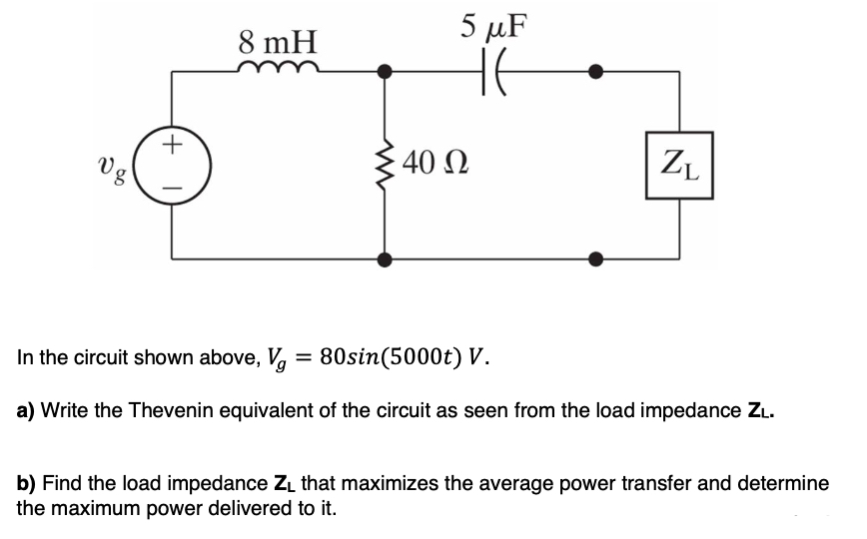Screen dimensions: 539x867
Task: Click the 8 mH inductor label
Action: pyautogui.click(x=278, y=42)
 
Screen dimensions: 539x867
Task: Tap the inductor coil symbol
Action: pyautogui.click(x=279, y=67)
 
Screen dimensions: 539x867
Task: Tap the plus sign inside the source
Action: pyautogui.click(x=173, y=146)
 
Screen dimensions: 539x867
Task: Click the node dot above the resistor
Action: pyautogui.click(x=384, y=71)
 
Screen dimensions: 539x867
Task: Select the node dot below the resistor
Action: pyautogui.click(x=384, y=259)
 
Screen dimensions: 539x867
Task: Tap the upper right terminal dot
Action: pyautogui.click(x=596, y=71)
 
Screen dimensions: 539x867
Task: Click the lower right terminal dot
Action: pyautogui.click(x=596, y=259)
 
